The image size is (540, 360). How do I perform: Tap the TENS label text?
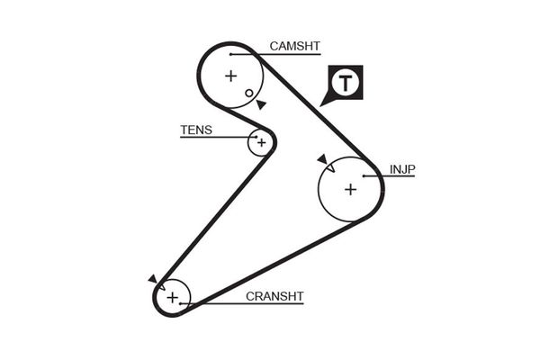[x=196, y=130]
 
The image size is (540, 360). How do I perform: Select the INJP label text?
[x=401, y=168]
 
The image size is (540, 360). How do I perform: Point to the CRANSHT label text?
[x=275, y=295]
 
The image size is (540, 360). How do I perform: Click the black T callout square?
[x=346, y=84]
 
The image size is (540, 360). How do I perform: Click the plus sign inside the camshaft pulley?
[x=230, y=76]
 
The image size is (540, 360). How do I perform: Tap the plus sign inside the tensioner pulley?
[x=262, y=142]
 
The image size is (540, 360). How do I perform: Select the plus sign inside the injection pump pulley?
[x=350, y=189]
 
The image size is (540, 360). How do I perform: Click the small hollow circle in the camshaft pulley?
[x=249, y=93]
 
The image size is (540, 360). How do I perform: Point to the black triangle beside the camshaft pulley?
[x=260, y=105]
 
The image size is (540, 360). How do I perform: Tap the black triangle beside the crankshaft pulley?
[x=153, y=280]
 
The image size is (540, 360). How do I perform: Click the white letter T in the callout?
[x=346, y=84]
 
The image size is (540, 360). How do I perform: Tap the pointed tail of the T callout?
[x=326, y=103]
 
